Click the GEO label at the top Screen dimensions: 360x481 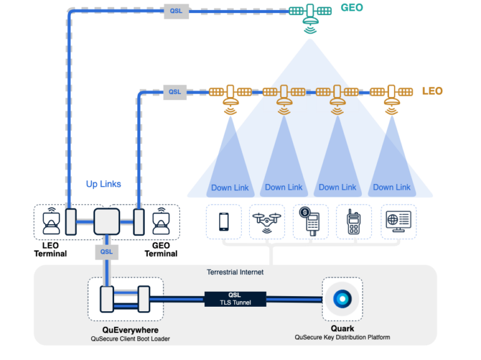[351, 8]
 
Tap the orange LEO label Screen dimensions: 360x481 [432, 91]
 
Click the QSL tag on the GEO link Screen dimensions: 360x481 [176, 11]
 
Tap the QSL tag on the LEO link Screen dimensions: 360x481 [175, 91]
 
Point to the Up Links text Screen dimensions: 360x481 [103, 184]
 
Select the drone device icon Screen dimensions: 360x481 [267, 221]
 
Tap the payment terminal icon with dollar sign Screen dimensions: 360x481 [311, 221]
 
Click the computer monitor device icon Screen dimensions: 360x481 [398, 221]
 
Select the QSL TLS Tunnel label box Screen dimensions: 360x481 [235, 299]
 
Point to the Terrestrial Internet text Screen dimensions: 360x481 [235, 272]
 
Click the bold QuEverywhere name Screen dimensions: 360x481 [130, 329]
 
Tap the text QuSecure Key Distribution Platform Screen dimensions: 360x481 [342, 337]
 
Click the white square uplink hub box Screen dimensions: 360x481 [106, 222]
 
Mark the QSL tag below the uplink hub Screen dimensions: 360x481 [106, 252]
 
